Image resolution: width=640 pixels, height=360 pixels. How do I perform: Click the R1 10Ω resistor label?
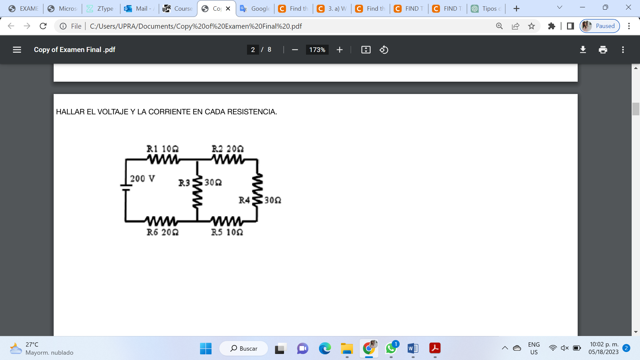point(162,149)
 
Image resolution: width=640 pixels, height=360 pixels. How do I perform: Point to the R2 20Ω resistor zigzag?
point(228,160)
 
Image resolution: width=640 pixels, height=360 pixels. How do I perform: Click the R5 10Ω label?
point(227,232)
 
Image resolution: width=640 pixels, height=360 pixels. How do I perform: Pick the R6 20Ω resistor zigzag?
point(161,221)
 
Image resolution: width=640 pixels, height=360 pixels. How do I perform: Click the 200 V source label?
point(142,179)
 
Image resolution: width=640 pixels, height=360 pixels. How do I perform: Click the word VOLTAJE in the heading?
point(113,112)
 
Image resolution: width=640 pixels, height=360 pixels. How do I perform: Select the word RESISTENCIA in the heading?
point(252,112)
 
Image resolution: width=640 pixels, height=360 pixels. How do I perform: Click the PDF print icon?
point(603,50)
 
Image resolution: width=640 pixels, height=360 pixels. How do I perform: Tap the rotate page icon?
point(384,50)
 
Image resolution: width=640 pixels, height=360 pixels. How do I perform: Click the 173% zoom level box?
point(317,50)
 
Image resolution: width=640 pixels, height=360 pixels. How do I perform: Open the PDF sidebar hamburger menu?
point(17,50)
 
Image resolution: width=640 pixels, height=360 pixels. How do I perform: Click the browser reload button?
point(43,26)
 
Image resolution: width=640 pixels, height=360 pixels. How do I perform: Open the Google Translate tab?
point(255,9)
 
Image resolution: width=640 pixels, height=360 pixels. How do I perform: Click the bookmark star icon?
point(531,26)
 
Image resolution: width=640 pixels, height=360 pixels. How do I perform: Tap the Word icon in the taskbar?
point(413,348)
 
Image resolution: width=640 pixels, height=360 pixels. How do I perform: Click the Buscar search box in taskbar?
point(244,348)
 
